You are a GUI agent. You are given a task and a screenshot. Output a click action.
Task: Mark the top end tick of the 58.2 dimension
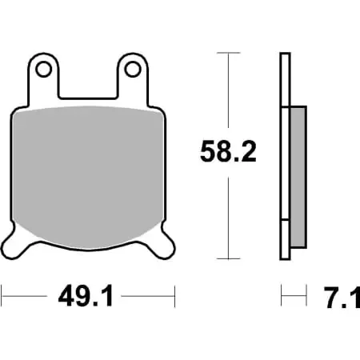[229, 53]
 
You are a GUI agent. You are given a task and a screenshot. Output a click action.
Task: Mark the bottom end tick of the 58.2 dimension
[229, 258]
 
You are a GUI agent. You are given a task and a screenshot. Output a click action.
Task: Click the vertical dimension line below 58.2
[229, 216]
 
